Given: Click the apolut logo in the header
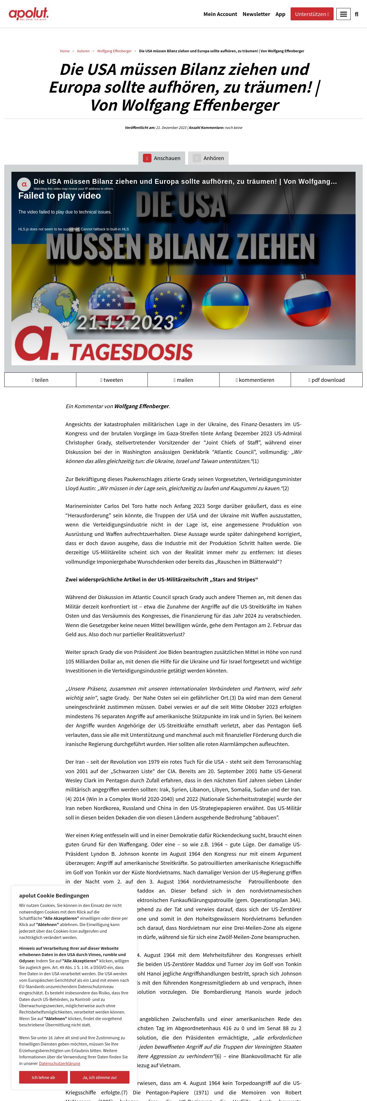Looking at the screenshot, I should [29, 14].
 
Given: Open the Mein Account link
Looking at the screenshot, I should [220, 14].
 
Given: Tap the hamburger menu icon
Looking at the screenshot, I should [343, 14].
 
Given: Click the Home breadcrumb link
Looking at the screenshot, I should [65, 51].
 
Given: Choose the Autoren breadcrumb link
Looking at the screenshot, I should [83, 51].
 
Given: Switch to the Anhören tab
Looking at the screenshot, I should [208, 158].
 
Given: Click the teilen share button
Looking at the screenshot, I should [40, 380].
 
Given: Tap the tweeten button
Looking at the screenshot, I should [112, 380].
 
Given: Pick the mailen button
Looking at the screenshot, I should [183, 380].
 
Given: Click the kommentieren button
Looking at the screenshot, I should [255, 380].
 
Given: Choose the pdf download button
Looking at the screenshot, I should [326, 380].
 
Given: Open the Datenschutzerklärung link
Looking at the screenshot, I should [59, 1063].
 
